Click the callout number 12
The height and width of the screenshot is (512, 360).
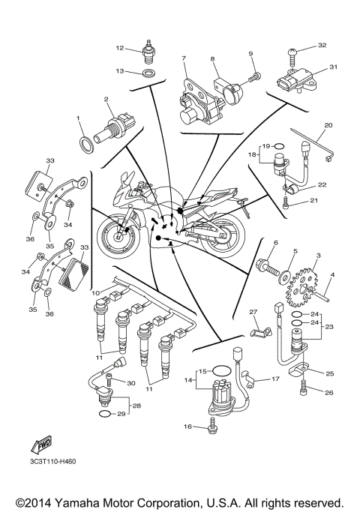[x=120, y=48]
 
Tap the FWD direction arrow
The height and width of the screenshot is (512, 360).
[x=41, y=444]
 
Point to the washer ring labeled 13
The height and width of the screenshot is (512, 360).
[x=149, y=73]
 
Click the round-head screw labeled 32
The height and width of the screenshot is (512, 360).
[x=293, y=55]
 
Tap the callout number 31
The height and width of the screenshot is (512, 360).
[x=333, y=67]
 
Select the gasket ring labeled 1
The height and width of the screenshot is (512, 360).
[x=87, y=145]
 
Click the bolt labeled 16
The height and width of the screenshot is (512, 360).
[x=213, y=426]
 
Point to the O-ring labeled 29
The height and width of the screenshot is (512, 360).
[x=105, y=414]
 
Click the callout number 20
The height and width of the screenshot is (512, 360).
[x=328, y=125]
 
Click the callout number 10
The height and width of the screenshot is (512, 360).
[x=95, y=293]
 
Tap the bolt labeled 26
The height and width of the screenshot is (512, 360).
[x=304, y=388]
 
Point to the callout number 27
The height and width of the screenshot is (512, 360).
[x=253, y=312]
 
